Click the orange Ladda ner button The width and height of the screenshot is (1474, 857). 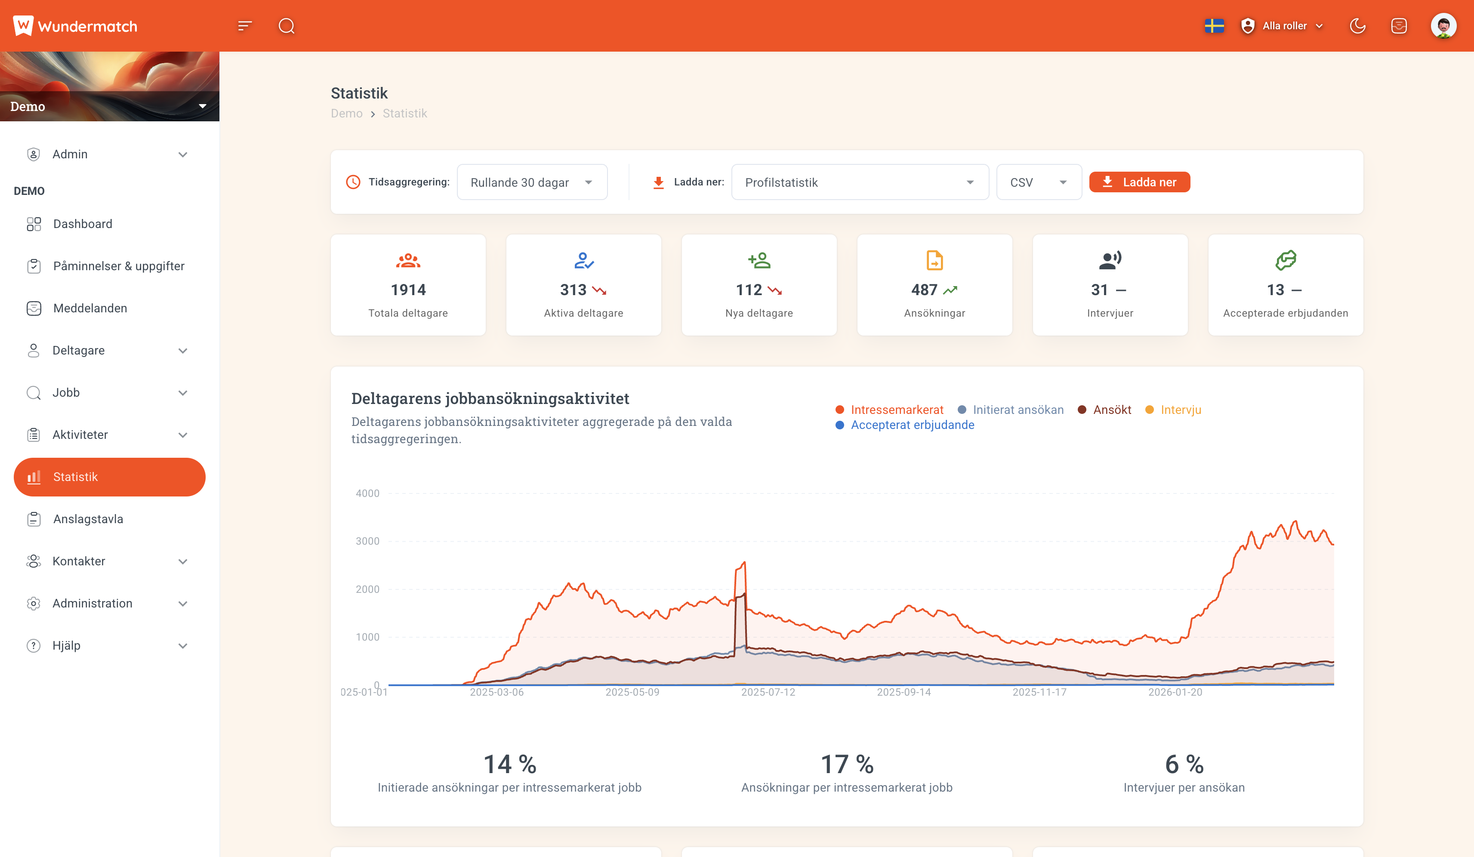point(1139,182)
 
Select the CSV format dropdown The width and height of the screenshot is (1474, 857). point(1038,182)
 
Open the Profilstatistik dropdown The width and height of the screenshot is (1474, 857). point(859,182)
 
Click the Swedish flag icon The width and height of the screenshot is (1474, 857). point(1214,26)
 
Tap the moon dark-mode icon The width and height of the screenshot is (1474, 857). point(1357,26)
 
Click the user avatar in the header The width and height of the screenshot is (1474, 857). point(1443,26)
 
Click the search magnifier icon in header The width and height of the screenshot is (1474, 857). point(287,26)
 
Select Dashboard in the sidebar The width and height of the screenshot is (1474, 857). point(83,224)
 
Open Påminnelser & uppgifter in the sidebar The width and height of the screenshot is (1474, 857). point(119,266)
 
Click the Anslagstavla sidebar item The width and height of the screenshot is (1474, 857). point(88,519)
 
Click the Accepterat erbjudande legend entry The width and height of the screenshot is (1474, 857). point(911,425)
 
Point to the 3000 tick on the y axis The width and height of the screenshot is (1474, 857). point(367,541)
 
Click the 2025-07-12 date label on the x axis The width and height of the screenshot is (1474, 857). point(768,692)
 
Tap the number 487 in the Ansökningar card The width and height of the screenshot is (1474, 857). point(924,290)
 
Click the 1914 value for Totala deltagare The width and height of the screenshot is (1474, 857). point(408,290)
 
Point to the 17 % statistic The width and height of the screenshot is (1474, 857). point(846,764)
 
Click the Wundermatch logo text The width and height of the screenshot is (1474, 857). point(87,26)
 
